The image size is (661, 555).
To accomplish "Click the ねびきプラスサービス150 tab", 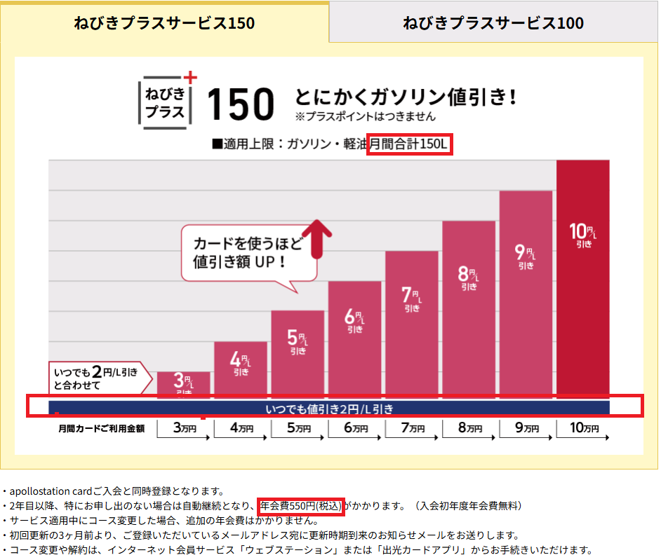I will click(x=164, y=23).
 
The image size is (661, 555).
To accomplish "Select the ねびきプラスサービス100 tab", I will click(x=493, y=23).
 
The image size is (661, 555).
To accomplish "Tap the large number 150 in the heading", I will click(x=240, y=104).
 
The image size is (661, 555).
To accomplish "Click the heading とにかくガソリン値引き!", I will click(x=406, y=96).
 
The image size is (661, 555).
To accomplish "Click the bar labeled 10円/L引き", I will click(x=582, y=280).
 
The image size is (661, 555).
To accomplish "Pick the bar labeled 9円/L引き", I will click(x=526, y=294).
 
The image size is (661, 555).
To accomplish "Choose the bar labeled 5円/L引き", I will click(x=298, y=354).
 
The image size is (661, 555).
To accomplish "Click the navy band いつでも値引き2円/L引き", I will click(x=329, y=408).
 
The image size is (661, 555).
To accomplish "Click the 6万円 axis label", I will click(x=355, y=428).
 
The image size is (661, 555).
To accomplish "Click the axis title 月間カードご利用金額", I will click(x=102, y=428).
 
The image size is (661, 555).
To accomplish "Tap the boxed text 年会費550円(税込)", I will click(x=300, y=505).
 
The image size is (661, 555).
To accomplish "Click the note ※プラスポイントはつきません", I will click(x=366, y=116).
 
